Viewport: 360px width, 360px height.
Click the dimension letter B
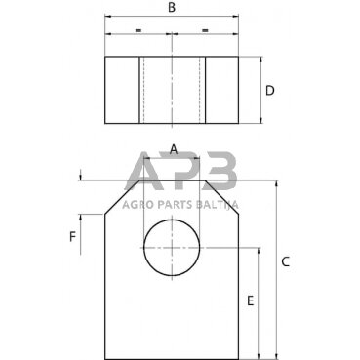pos(172,8)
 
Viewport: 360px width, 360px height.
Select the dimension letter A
pos(173,149)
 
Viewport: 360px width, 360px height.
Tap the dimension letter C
pos(285,261)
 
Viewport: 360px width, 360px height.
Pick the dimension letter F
pos(71,236)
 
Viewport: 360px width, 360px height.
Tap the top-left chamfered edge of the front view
pos(115,197)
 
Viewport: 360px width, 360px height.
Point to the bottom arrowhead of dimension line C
pos(276,355)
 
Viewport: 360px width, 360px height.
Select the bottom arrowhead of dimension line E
pos(258,355)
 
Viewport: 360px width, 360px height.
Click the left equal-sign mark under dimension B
pos(139,30)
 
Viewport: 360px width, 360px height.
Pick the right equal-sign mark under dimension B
pos(205,30)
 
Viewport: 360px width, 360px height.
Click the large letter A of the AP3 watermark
pos(148,176)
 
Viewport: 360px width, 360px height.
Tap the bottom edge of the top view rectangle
pos(172,124)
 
